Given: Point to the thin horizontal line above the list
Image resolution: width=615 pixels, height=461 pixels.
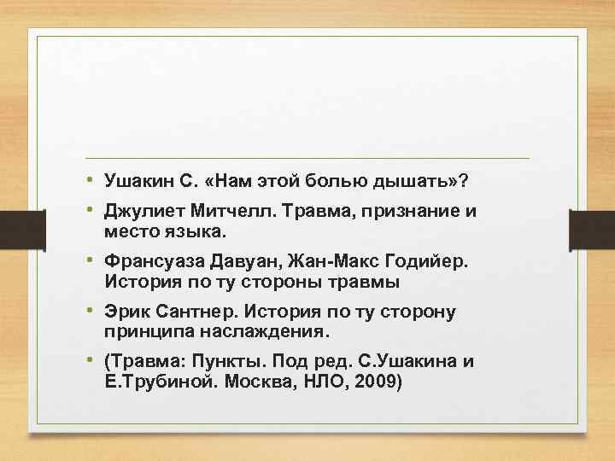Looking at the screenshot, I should (307, 159).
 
